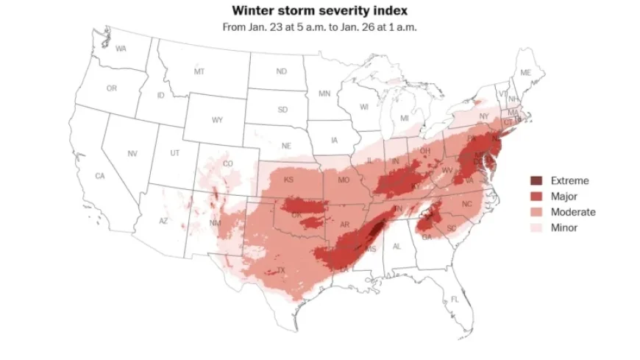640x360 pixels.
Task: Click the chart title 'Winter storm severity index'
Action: pos(319,11)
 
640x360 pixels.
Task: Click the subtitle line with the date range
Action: pos(319,27)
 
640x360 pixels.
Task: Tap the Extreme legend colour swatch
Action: pos(536,181)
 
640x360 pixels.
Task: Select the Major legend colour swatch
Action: pos(536,197)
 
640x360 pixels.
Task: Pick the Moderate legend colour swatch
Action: pos(536,212)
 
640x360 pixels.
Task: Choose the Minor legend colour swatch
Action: pos(536,227)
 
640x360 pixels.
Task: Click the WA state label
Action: pos(121,48)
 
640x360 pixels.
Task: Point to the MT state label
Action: pos(199,72)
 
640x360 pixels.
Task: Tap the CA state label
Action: pos(100,176)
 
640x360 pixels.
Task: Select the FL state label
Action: pos(455,299)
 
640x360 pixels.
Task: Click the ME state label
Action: pos(525,73)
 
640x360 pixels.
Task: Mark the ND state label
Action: pos(281,71)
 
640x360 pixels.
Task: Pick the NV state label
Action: pos(132,153)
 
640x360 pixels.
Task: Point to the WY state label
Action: pos(217,120)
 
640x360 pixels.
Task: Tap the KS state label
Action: pos(289,180)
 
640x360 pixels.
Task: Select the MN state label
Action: pos(324,94)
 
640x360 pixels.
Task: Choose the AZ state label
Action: pos(163,221)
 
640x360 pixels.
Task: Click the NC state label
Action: pos(466,204)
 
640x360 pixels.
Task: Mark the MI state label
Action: pos(404,119)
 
